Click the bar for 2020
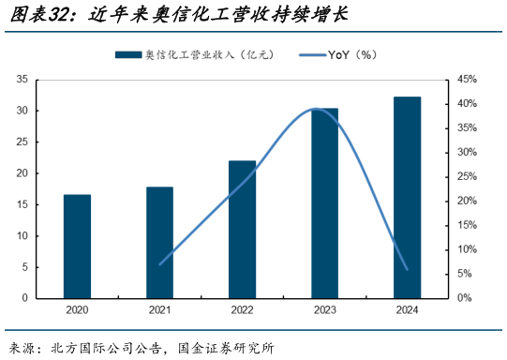pyautogui.click(x=77, y=246)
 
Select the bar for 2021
pyautogui.click(x=159, y=242)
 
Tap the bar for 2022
pyautogui.click(x=242, y=229)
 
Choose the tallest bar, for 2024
pyautogui.click(x=407, y=197)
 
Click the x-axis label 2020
pyautogui.click(x=77, y=311)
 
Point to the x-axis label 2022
pyautogui.click(x=242, y=311)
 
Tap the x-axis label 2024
pyautogui.click(x=407, y=311)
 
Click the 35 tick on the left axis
pyautogui.click(x=21, y=80)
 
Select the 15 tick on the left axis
pyautogui.click(x=21, y=204)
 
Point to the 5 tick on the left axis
pyautogui.click(x=23, y=267)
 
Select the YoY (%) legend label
pyautogui.click(x=351, y=55)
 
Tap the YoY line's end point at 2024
pyautogui.click(x=407, y=269)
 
